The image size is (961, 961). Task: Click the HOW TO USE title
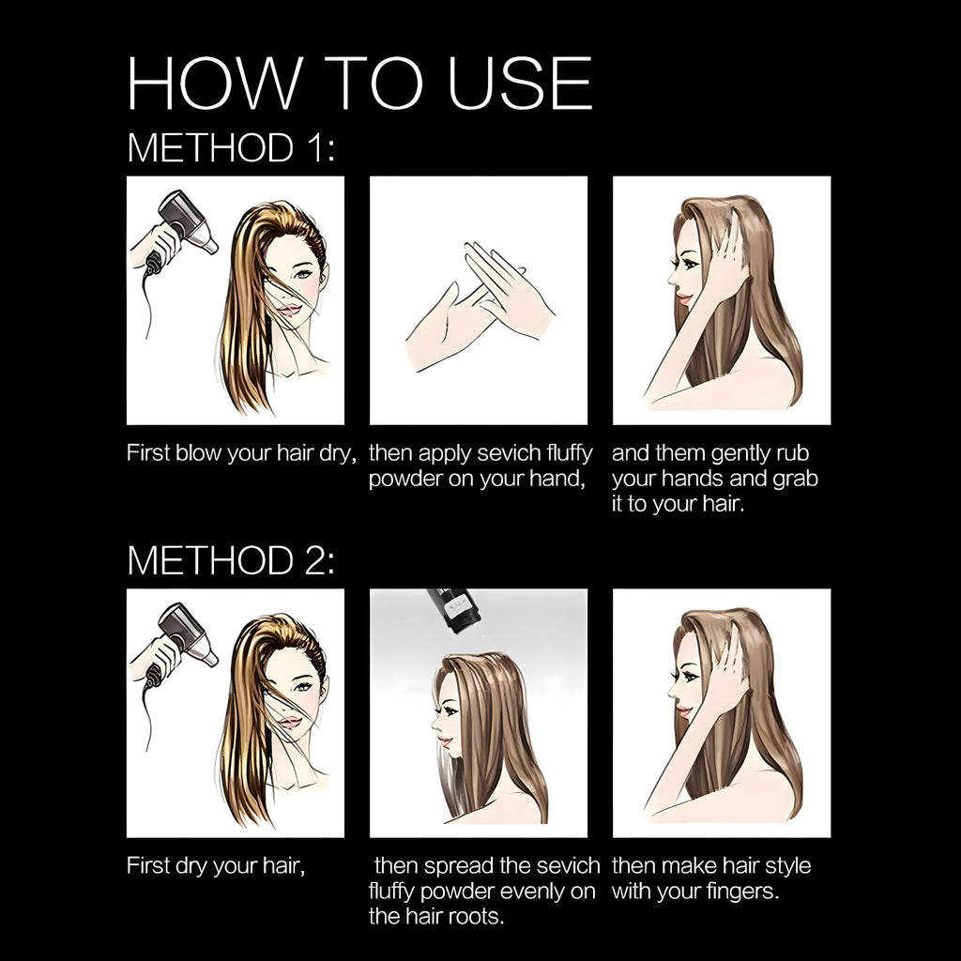359,83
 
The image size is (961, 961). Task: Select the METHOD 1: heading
231,147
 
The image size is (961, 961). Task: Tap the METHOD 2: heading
231,560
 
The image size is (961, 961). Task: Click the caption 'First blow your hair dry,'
241,453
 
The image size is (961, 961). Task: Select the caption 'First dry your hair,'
216,866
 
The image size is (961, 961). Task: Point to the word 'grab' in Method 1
796,480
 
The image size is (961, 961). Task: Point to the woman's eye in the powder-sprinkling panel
451,711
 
